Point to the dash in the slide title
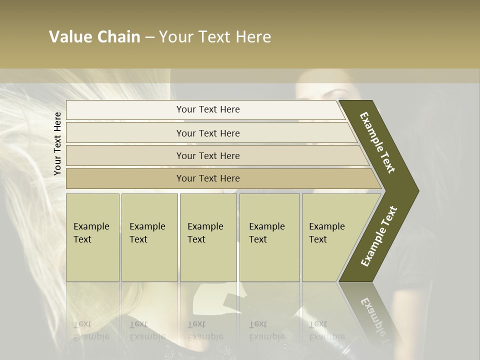coord(149,37)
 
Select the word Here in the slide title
coord(253,37)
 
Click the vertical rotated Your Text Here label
coord(57,144)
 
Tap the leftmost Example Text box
coord(92,237)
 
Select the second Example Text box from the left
coord(149,237)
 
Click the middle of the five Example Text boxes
coord(208,237)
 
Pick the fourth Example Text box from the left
coord(269,237)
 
